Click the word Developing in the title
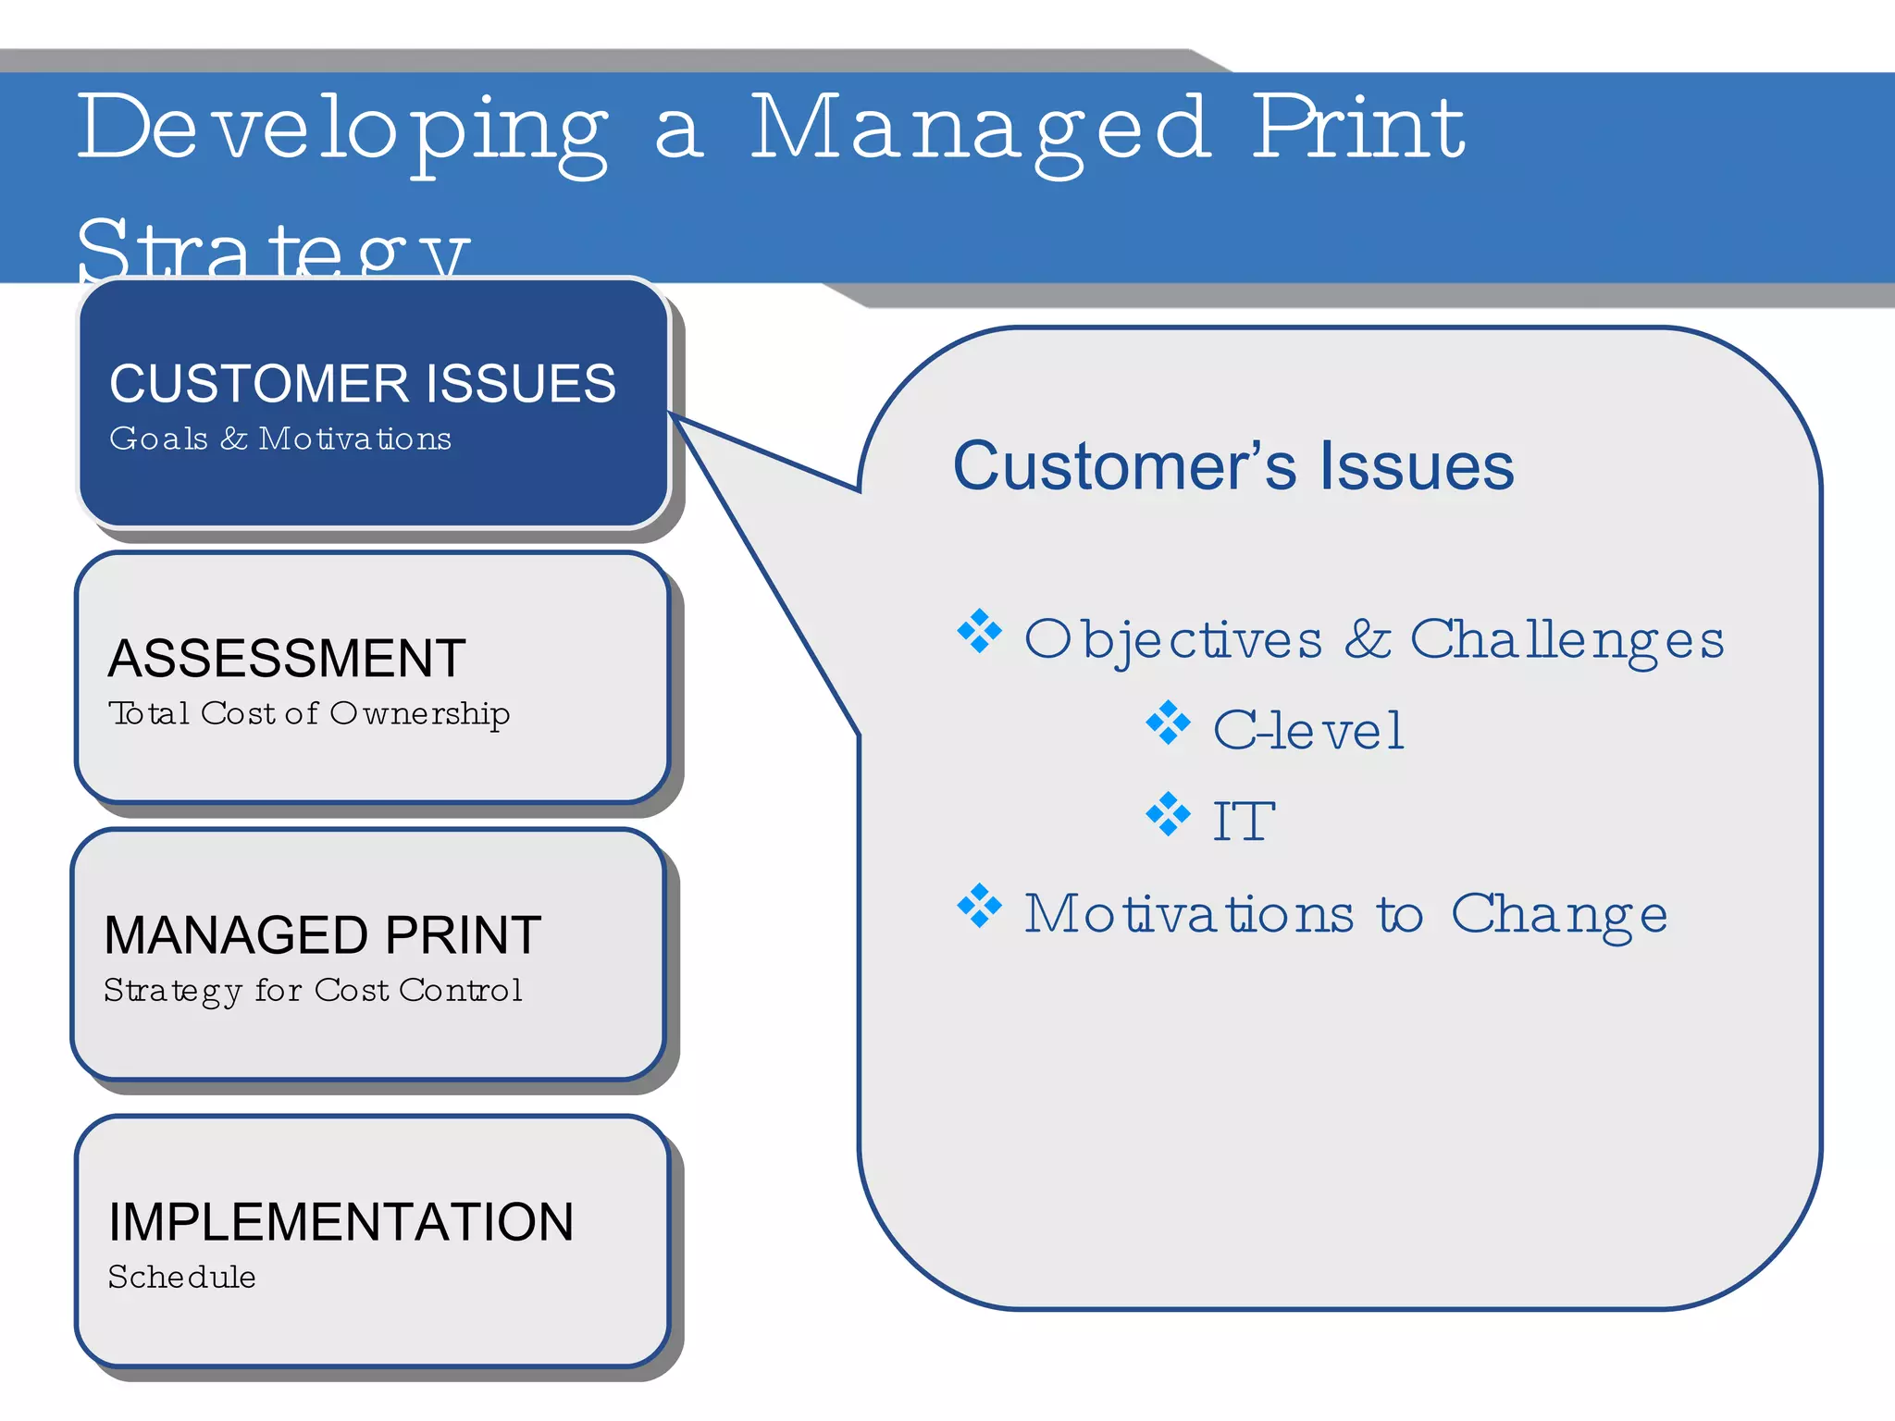point(342,130)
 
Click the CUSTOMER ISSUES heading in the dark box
point(362,384)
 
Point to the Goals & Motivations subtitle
point(280,439)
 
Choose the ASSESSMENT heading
point(287,659)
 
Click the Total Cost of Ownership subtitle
point(309,714)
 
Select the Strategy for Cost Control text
point(313,991)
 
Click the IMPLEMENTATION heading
point(341,1222)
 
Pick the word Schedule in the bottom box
point(181,1278)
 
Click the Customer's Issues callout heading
point(1232,465)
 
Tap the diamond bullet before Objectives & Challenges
point(980,632)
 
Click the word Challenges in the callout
point(1567,640)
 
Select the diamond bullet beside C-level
point(1168,723)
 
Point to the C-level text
point(1307,731)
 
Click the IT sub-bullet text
point(1243,822)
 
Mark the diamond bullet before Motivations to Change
point(980,907)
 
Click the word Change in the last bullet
point(1558,915)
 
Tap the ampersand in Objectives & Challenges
point(1367,639)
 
